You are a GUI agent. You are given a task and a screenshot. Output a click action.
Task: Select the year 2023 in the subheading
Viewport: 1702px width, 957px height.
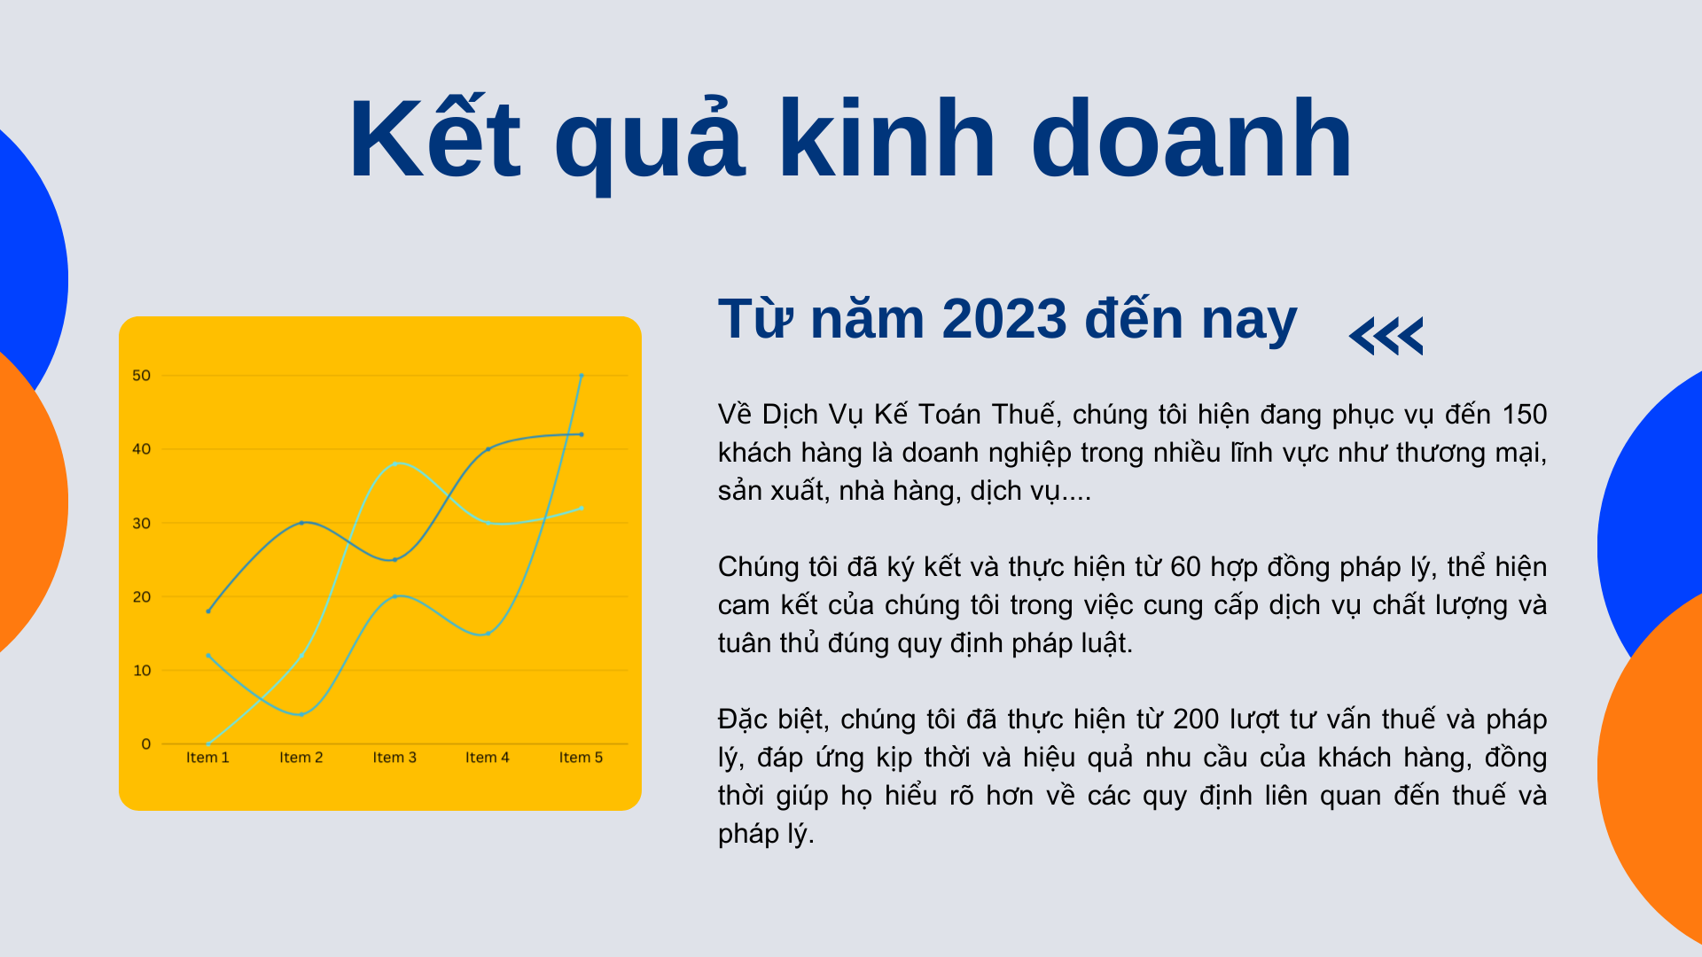(1004, 319)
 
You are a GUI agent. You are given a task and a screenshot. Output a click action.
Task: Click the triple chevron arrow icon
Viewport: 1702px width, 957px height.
(1386, 336)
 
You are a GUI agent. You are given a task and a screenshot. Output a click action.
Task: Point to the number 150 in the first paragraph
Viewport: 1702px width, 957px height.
(1524, 414)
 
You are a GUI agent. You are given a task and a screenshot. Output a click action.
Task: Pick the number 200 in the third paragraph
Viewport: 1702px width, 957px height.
(1196, 719)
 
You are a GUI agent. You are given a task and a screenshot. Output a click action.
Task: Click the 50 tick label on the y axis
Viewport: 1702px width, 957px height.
(142, 376)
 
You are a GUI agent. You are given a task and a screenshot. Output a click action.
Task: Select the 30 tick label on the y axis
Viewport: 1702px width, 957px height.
(142, 523)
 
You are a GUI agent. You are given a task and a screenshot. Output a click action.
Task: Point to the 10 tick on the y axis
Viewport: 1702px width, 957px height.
(142, 670)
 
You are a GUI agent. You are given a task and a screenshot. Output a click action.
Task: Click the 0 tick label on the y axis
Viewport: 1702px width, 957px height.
(146, 743)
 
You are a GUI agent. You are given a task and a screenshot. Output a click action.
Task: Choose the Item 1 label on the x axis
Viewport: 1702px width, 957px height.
(207, 758)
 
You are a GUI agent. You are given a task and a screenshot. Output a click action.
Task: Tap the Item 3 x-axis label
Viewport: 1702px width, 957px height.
(394, 758)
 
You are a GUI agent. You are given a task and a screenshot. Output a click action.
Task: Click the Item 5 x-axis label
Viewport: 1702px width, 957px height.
(581, 758)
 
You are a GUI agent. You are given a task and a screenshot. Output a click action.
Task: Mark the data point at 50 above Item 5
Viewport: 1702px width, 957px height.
(582, 376)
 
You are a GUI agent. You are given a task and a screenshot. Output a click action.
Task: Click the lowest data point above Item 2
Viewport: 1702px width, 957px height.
(301, 714)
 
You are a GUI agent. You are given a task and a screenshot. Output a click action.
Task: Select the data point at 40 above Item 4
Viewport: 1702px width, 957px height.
(488, 449)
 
